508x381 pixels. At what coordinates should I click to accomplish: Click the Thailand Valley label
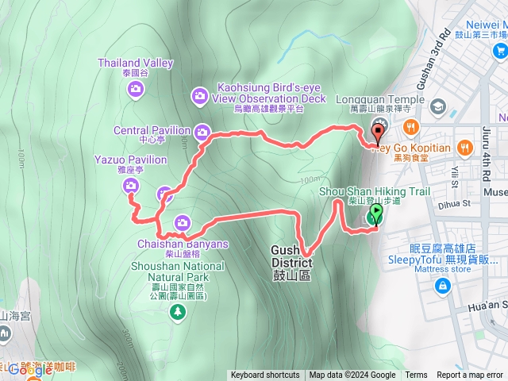coord(135,63)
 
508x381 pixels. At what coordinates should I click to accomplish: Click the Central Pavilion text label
coord(152,130)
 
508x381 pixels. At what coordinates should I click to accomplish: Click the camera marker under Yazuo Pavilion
coord(130,186)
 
